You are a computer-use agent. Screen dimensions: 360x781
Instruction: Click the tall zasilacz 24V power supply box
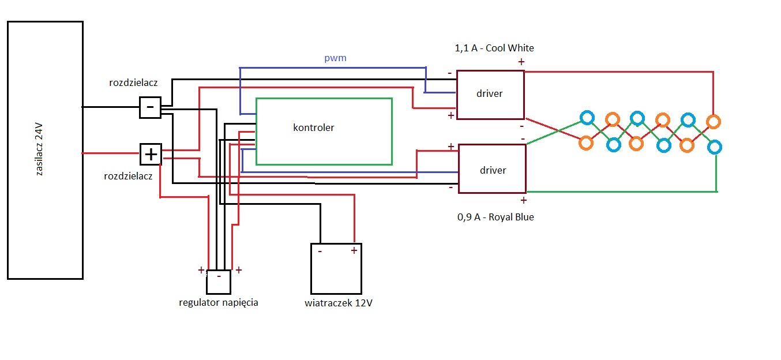[x=45, y=150]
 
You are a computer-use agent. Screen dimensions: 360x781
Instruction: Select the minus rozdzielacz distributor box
[x=150, y=107]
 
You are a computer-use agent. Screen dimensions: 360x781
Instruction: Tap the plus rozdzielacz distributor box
[x=151, y=154]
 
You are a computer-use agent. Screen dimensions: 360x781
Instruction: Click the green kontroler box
[x=324, y=132]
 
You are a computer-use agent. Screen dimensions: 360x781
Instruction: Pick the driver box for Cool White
[x=490, y=95]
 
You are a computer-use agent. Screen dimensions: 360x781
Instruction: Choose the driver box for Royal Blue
[x=492, y=168]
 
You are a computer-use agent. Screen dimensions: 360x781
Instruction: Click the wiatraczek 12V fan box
[x=336, y=268]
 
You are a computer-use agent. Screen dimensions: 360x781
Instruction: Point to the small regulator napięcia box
[x=219, y=282]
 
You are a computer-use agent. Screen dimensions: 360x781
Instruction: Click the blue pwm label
[x=335, y=58]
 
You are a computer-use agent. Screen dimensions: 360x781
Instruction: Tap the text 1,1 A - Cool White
[x=494, y=48]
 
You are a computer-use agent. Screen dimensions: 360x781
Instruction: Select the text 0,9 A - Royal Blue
[x=494, y=217]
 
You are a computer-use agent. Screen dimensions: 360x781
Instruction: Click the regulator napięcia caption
[x=219, y=302]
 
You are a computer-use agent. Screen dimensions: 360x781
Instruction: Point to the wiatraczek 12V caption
[x=339, y=303]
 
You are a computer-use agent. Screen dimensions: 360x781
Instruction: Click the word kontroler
[x=313, y=127]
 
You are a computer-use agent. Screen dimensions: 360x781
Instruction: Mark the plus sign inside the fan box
[x=353, y=251]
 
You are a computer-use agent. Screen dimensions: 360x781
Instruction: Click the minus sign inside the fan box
[x=319, y=252]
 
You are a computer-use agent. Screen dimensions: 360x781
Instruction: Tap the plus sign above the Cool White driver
[x=521, y=62]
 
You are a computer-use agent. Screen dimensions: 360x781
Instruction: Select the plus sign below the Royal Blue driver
[x=523, y=201]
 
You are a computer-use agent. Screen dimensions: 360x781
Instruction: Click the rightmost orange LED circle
[x=714, y=122]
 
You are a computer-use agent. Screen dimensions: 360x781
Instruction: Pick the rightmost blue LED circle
[x=714, y=147]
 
